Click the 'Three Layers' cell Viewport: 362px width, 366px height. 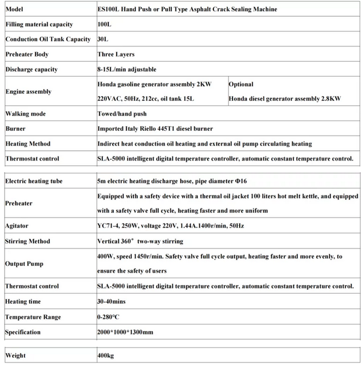[116, 54]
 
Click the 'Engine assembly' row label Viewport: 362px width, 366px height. [28, 91]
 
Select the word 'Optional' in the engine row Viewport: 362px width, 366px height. [241, 84]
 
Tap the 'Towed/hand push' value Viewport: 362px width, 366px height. [122, 113]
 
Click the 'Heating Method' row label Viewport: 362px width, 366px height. [28, 144]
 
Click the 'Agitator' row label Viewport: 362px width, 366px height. [17, 226]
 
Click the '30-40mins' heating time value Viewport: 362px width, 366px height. [113, 302]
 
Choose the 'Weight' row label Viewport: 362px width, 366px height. [16, 355]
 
